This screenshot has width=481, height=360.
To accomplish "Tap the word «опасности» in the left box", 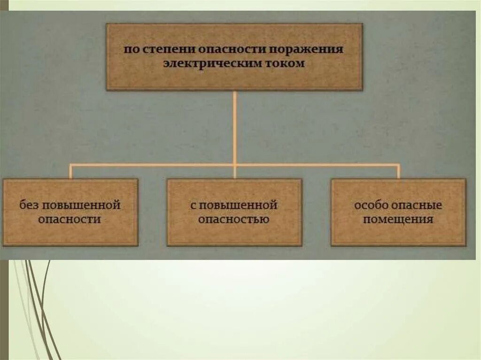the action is pyautogui.click(x=70, y=219).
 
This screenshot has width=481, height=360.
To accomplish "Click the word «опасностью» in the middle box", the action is pyautogui.click(x=233, y=219).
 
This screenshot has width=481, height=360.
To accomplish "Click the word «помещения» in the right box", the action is pyautogui.click(x=398, y=219).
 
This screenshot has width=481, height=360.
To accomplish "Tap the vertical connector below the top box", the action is pyautogui.click(x=234, y=127).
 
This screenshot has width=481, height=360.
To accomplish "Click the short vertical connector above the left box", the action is pyautogui.click(x=70, y=171).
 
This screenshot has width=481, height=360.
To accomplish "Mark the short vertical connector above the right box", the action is pyautogui.click(x=398, y=171).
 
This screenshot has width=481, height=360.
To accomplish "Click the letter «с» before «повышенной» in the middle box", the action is pyautogui.click(x=193, y=206).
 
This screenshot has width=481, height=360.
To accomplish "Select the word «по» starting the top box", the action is pyautogui.click(x=130, y=50).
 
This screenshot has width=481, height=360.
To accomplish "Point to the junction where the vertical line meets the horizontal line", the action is pyautogui.click(x=234, y=164).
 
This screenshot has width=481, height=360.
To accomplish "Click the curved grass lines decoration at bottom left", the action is pyautogui.click(x=35, y=305).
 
